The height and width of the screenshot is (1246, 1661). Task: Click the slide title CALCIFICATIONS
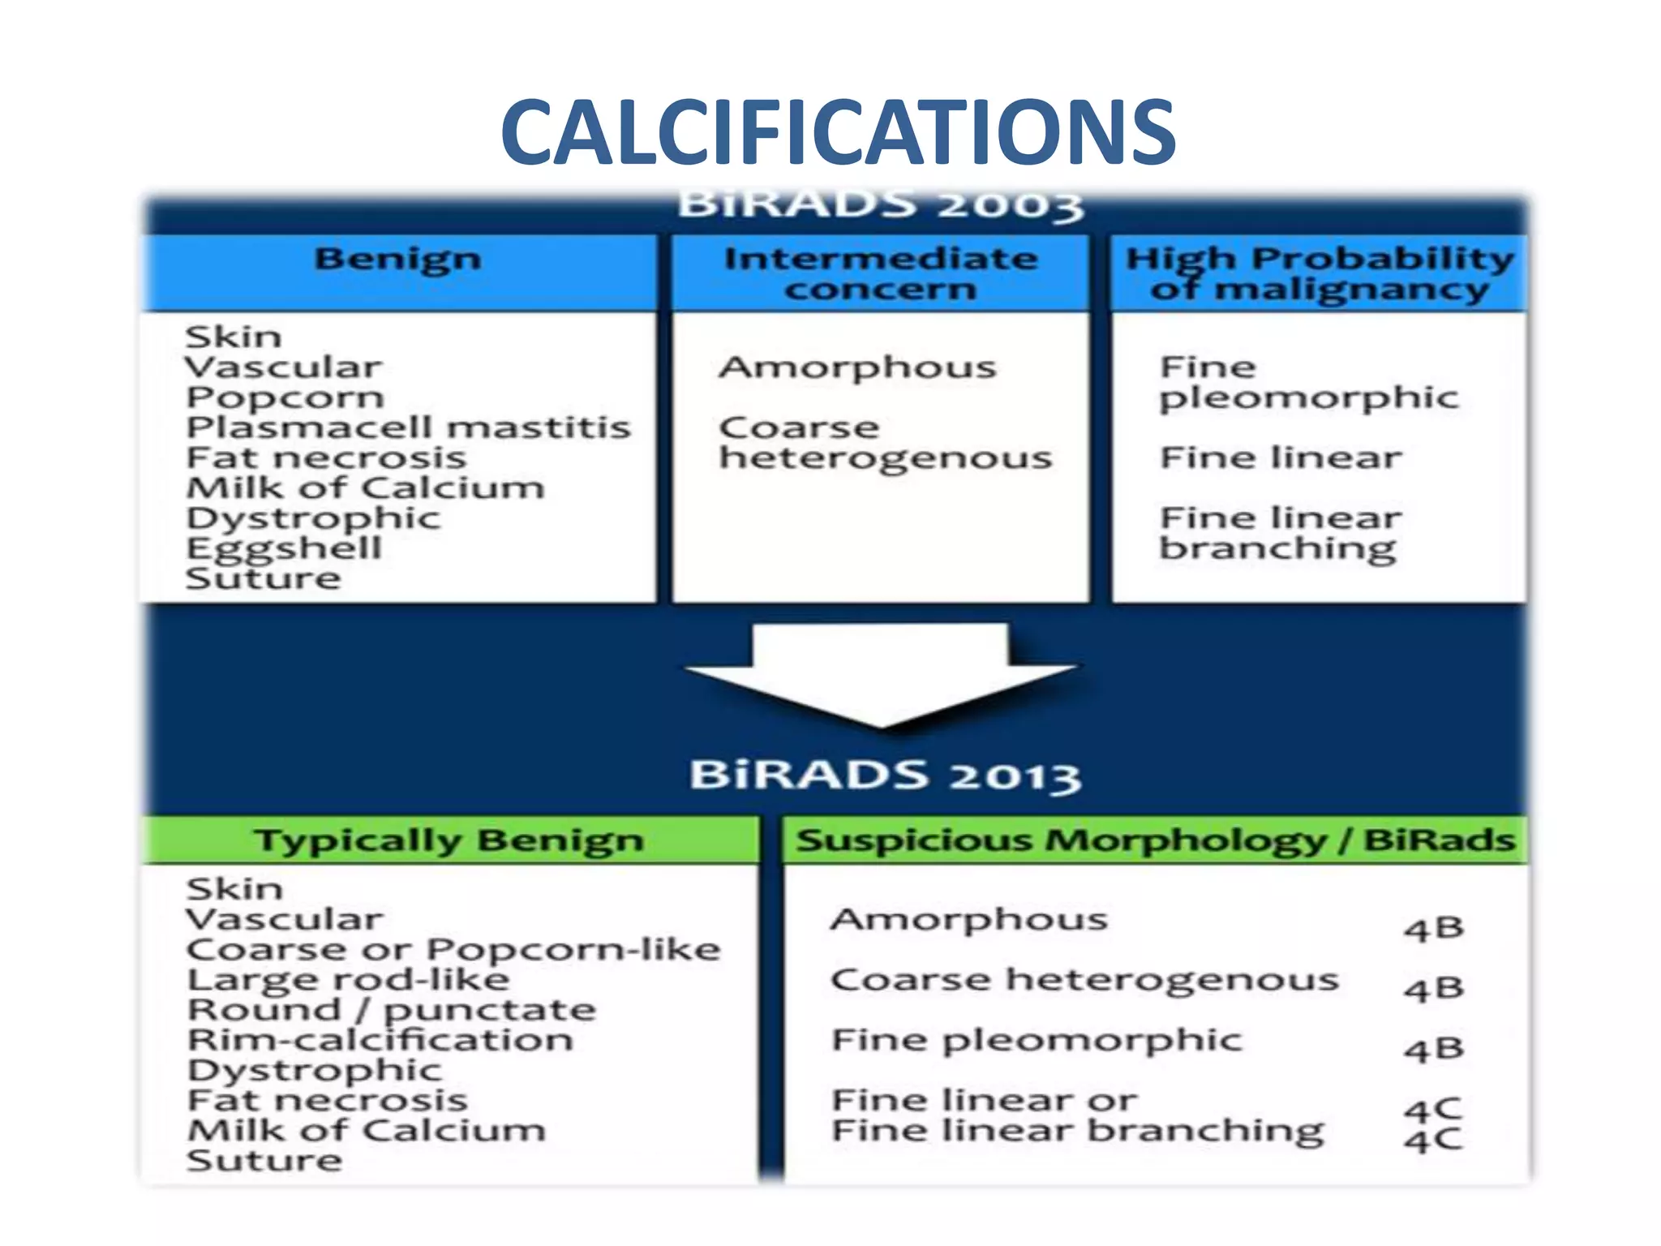838,131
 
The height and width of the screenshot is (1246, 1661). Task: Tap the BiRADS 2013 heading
884,775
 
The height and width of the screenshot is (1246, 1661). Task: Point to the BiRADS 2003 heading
880,204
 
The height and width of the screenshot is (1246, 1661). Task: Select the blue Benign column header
397,260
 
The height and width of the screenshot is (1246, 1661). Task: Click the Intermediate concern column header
881,273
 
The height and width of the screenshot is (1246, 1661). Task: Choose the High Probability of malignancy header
1320,273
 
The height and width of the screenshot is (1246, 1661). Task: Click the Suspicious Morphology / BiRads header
1155,840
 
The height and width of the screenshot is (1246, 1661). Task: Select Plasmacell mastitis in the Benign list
408,428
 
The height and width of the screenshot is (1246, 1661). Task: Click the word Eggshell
284,549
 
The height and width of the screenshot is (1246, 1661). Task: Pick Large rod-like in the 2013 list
348,980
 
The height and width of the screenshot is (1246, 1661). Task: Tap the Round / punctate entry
391,1011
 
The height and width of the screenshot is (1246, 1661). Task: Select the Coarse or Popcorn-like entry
453,950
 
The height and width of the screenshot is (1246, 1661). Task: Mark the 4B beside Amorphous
1434,928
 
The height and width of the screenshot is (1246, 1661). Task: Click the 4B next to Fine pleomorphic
1434,1050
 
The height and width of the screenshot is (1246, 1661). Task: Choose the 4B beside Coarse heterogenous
1434,989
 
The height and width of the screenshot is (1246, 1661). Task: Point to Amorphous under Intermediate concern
857,367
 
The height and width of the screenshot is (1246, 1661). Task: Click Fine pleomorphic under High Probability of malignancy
1308,383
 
